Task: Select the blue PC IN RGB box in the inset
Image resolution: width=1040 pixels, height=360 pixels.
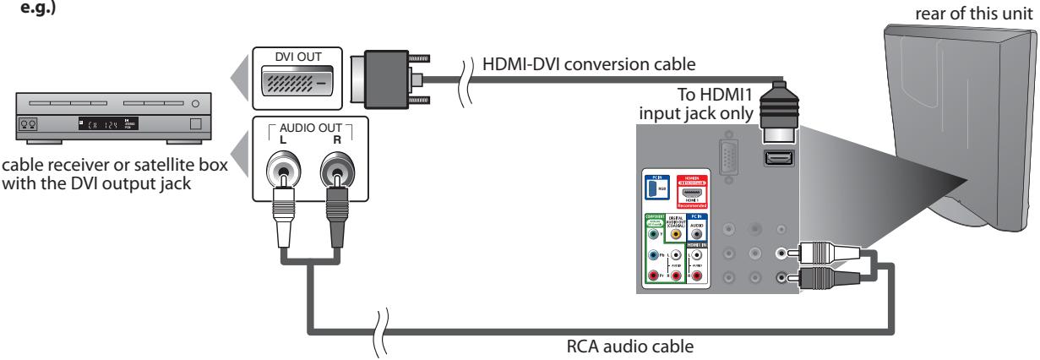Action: [652, 186]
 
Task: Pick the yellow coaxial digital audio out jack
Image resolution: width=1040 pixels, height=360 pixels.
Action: [674, 237]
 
